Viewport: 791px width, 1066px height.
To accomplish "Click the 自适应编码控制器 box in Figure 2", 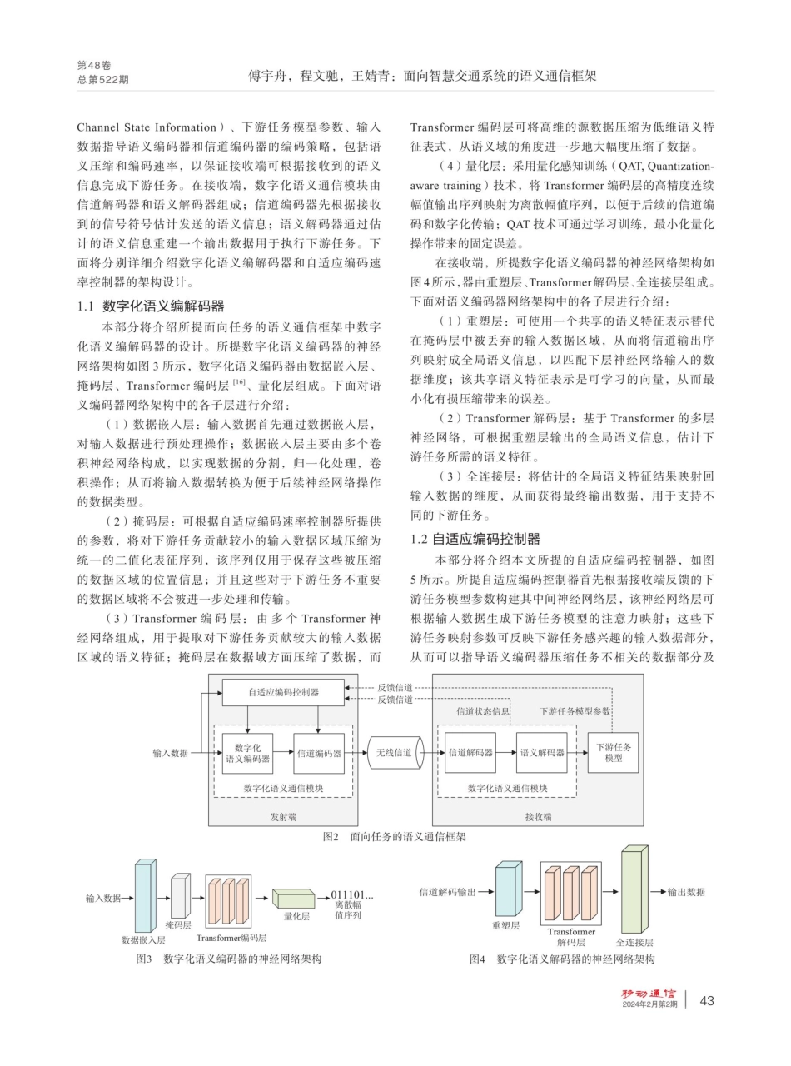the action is [x=283, y=692].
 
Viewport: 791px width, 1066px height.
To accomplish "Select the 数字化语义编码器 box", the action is [x=247, y=753].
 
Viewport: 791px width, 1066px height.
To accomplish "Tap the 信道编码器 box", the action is [x=319, y=753].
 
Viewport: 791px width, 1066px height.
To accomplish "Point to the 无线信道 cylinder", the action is [x=394, y=753].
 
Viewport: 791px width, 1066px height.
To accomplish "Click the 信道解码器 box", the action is [x=470, y=753].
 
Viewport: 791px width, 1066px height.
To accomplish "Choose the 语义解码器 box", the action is [x=542, y=753].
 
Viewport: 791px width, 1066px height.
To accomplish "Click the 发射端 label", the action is [x=282, y=817].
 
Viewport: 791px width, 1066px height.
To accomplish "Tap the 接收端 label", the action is [x=538, y=817].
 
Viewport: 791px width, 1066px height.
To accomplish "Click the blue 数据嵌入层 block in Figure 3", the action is [x=144, y=896].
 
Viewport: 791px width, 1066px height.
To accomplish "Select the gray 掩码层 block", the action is [x=180, y=896].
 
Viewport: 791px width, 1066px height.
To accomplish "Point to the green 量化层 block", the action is [x=293, y=899].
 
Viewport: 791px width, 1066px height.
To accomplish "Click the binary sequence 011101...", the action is [x=351, y=896].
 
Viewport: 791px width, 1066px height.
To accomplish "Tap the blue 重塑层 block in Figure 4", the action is [x=507, y=892].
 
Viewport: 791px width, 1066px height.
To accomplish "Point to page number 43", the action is [x=707, y=1000].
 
